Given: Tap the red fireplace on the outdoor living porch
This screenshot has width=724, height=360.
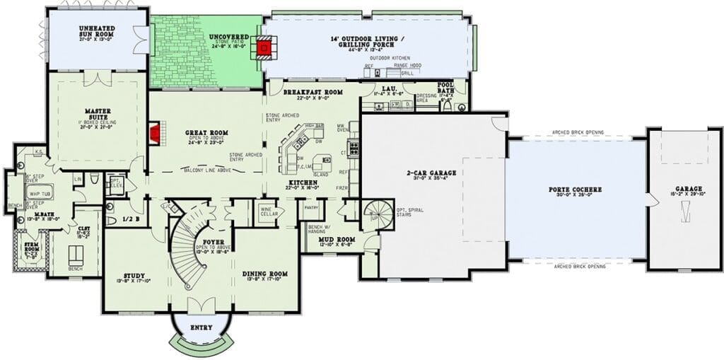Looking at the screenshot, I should pyautogui.click(x=265, y=48).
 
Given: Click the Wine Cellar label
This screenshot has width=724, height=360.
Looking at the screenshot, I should pyautogui.click(x=267, y=210).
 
